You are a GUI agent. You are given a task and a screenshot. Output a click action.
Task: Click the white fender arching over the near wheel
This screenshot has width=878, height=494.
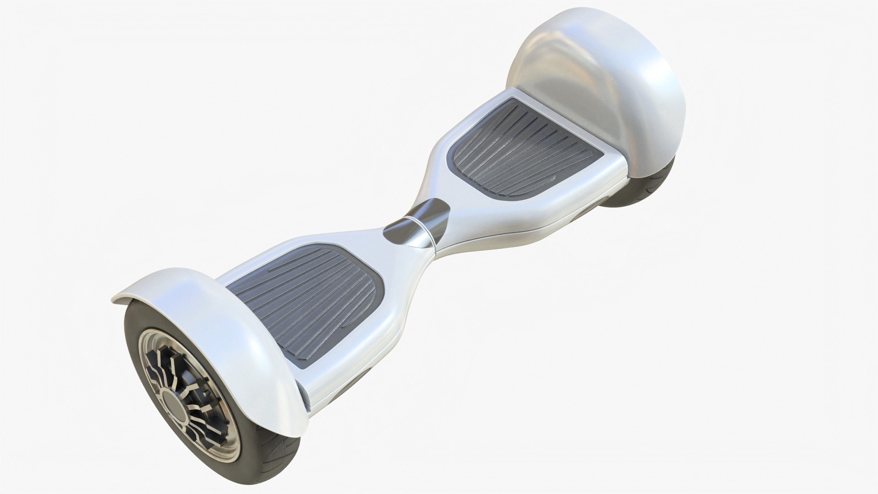tap(229, 320)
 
